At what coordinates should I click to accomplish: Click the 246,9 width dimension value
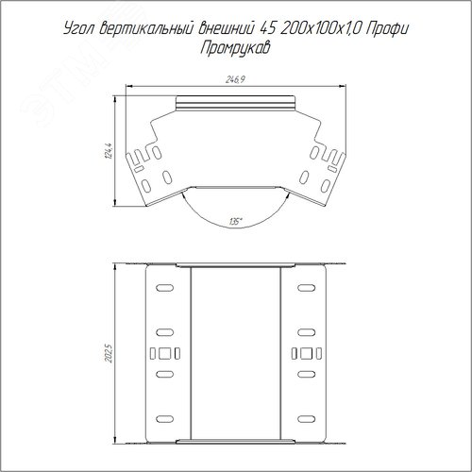(x=235, y=80)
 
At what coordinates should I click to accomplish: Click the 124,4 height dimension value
(x=109, y=151)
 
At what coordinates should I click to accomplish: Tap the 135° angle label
(x=236, y=222)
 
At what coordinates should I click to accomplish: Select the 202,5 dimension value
(x=109, y=353)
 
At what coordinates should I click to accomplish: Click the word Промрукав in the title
(x=235, y=48)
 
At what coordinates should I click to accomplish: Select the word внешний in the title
(x=226, y=28)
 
